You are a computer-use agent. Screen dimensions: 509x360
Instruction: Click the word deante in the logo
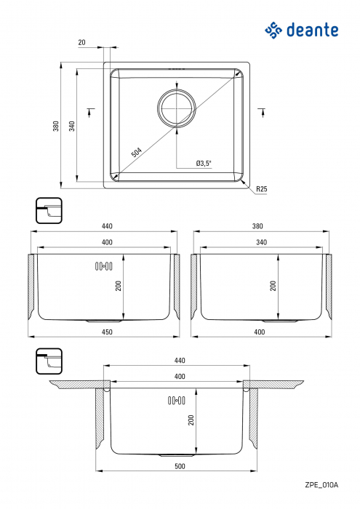[x=315, y=30]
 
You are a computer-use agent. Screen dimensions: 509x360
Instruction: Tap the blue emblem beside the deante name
[x=273, y=30]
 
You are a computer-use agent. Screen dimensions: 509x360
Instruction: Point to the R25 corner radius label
[x=262, y=190]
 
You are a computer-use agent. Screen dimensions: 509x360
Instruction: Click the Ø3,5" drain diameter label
[x=203, y=164]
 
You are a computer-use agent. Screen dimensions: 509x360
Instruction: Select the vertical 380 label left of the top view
[x=56, y=127]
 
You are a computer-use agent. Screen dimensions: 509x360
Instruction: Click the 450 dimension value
[x=106, y=333]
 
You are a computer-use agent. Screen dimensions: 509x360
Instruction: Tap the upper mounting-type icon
[x=49, y=210]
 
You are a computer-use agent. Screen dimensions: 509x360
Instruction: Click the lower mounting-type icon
[x=49, y=361]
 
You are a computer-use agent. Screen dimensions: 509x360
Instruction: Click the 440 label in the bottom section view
[x=179, y=361]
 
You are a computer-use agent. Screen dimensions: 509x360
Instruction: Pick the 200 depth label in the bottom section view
[x=191, y=420]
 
